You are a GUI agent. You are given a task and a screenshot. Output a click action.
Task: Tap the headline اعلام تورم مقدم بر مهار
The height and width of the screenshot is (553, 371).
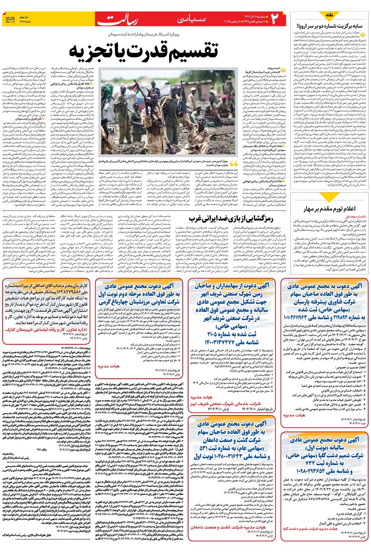[330, 209]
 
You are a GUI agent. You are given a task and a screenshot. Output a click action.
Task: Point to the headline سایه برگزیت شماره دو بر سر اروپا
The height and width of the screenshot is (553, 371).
[330, 26]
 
